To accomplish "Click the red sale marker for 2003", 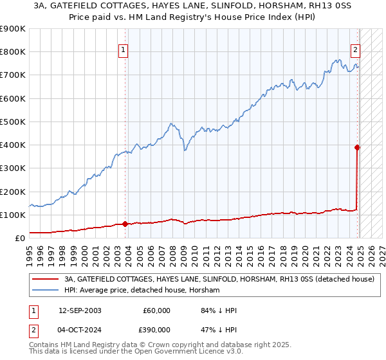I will (125, 224).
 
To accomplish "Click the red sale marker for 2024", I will (358, 147).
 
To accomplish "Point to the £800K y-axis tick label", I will (13, 52).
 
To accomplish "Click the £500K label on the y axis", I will (13, 122).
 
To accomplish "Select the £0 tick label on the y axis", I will (19, 238).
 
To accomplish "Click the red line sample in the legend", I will (44, 279).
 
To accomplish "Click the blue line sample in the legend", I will (44, 290).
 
